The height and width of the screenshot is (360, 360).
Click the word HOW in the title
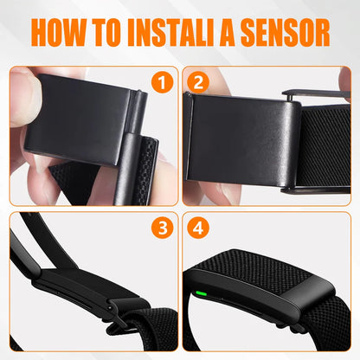tap(58, 31)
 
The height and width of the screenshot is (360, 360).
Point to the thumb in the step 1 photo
tap(30, 95)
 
